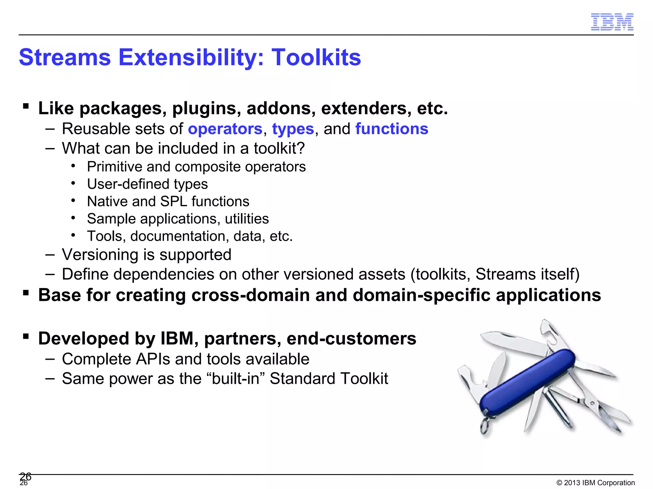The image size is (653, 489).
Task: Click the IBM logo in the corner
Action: click(612, 22)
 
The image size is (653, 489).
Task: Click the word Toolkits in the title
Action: click(316, 58)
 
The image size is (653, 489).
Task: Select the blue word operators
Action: click(225, 129)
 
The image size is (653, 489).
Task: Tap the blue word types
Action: click(293, 129)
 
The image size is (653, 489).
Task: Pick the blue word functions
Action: click(392, 129)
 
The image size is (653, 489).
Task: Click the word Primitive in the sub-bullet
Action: click(114, 167)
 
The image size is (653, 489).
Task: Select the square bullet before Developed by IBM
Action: click(26, 336)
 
